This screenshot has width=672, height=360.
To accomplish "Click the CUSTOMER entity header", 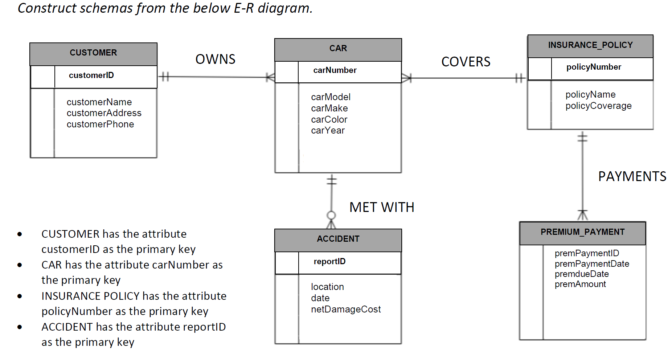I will [x=93, y=53].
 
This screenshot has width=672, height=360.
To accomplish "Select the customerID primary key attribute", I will [x=91, y=75].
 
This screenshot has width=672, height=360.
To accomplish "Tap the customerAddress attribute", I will [x=104, y=113].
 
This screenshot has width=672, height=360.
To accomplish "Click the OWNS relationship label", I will [x=215, y=60].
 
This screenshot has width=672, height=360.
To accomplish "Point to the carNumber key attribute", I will [x=335, y=70].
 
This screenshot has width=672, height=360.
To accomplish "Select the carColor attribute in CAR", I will [x=329, y=119].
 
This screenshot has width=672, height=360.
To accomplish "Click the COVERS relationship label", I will [x=466, y=62].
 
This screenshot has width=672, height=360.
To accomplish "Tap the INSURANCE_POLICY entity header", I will [x=590, y=45].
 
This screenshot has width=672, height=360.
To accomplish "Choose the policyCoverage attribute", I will [x=598, y=106].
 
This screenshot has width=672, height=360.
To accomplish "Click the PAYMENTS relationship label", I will [x=632, y=177].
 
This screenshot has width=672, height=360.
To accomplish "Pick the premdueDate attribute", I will [x=581, y=274].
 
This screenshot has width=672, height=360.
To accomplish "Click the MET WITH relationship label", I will [x=381, y=208].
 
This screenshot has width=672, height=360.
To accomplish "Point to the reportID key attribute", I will [x=329, y=262].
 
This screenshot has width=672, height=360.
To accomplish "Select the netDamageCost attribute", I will [x=345, y=310].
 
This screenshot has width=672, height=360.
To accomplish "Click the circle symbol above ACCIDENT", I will [x=331, y=215].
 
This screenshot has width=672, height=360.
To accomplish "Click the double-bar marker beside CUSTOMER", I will [x=164, y=77].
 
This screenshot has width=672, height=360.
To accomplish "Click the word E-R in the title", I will [x=243, y=8].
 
